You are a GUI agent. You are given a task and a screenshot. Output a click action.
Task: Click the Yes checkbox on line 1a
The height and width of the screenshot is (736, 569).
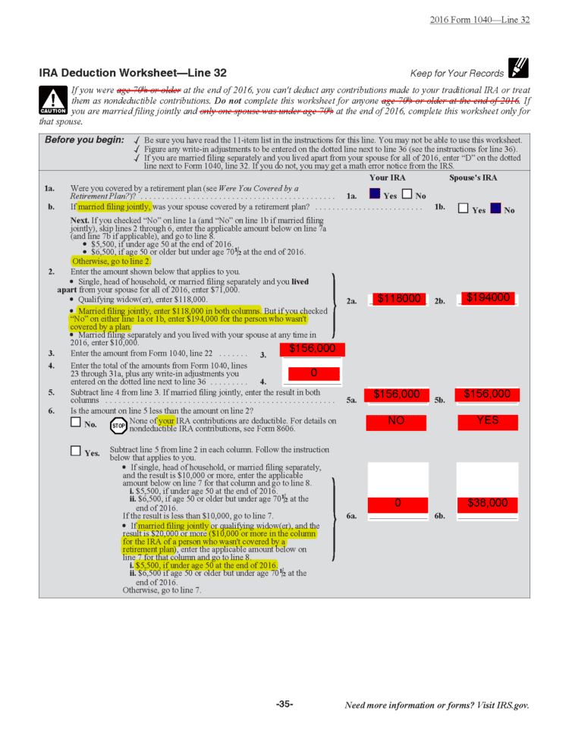click(374, 194)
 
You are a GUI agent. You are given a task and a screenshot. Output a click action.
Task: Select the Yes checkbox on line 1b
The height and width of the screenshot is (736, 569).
click(463, 209)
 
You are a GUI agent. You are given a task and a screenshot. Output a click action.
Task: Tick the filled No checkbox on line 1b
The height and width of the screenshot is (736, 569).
click(495, 209)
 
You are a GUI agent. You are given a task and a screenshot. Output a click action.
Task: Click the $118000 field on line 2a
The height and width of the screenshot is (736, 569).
click(399, 299)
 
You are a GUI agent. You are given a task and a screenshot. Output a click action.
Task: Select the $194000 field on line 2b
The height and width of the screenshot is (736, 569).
click(487, 298)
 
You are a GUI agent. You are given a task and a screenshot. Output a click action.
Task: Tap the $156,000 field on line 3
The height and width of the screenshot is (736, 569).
click(312, 349)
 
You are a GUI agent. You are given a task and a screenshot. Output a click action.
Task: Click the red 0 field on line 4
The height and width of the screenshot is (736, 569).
click(312, 373)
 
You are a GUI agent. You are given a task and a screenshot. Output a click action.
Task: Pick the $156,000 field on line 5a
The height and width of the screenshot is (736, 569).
click(396, 394)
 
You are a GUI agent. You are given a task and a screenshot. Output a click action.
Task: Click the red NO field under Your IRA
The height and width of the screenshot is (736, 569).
click(396, 420)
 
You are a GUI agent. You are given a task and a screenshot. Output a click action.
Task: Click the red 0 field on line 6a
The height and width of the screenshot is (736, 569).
click(397, 503)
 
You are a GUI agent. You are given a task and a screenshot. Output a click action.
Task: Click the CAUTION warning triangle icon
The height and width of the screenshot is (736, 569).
click(52, 101)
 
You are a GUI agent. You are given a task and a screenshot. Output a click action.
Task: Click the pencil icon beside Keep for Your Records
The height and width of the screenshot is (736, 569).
click(519, 69)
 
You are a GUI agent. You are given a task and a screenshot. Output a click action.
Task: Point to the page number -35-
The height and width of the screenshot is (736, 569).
click(284, 705)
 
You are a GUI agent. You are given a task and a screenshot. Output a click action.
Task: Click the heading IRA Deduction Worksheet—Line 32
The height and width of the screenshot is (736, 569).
click(133, 73)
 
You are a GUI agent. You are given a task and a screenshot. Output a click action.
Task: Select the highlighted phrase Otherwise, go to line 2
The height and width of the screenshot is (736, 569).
click(111, 260)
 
